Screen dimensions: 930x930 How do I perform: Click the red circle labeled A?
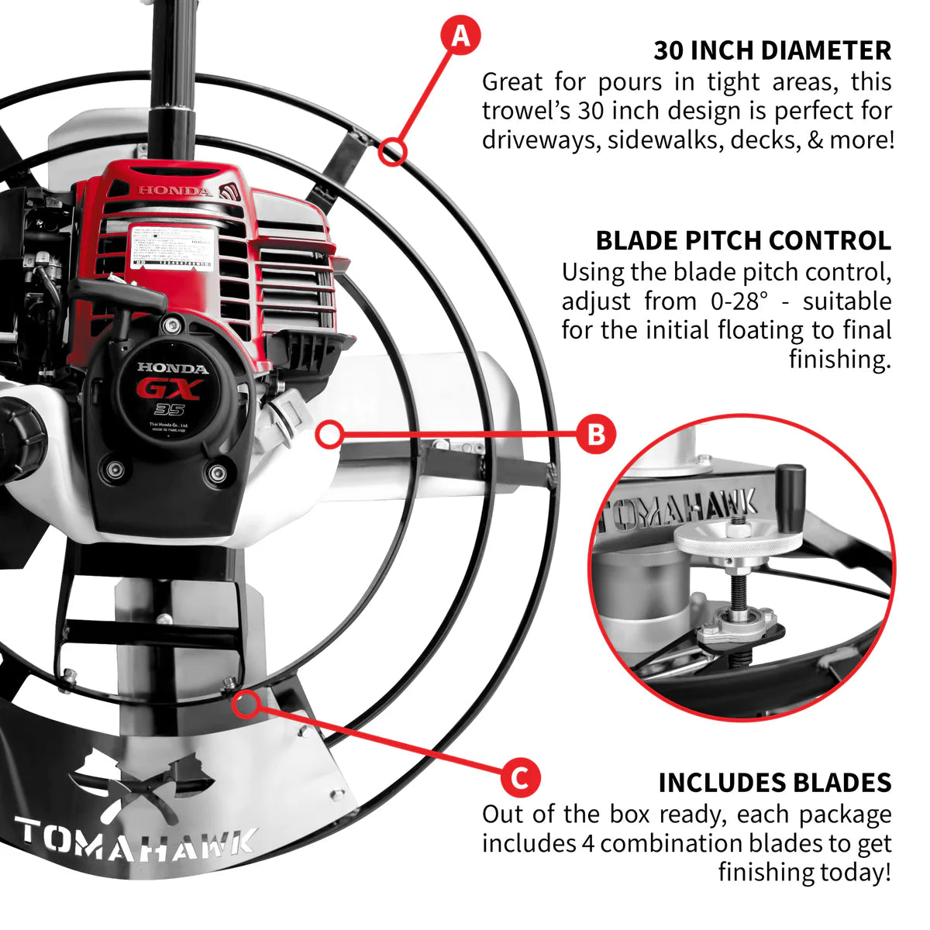point(461,36)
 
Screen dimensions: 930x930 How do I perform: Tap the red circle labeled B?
point(595,435)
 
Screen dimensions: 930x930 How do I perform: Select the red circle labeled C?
point(520,777)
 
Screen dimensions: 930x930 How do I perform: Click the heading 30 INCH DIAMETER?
point(772,50)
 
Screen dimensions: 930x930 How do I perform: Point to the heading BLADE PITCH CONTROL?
point(743,240)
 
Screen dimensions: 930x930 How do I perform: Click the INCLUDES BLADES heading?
point(775,783)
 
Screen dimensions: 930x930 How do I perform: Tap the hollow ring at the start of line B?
point(329,435)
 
